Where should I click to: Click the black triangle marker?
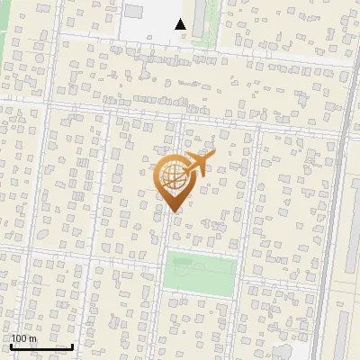coord(181,24)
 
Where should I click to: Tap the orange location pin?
coord(173,180)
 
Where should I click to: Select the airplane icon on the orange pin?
coord(197,163)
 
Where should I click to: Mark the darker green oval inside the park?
coord(183,262)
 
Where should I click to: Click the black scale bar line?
coord(41,346)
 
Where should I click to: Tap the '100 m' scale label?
coord(23,338)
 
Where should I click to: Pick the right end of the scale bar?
coord(72,346)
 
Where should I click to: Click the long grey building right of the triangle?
coord(199,18)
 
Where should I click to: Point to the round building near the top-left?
coord(17,52)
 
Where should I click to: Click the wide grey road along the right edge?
coord(332,225)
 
